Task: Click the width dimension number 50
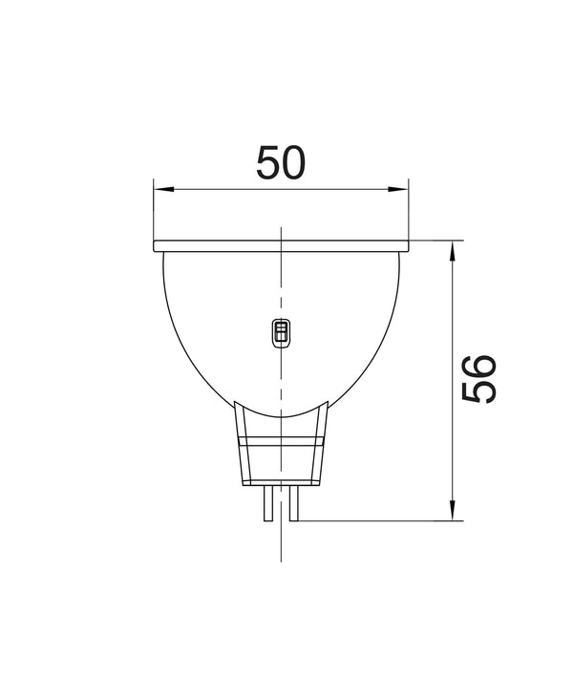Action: point(281,163)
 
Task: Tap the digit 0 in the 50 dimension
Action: point(295,163)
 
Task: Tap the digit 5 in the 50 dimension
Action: point(267,163)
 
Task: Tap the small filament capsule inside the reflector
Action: point(281,331)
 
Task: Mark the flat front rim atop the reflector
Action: point(281,246)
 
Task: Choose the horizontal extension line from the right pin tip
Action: point(372,521)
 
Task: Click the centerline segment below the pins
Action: point(281,544)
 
